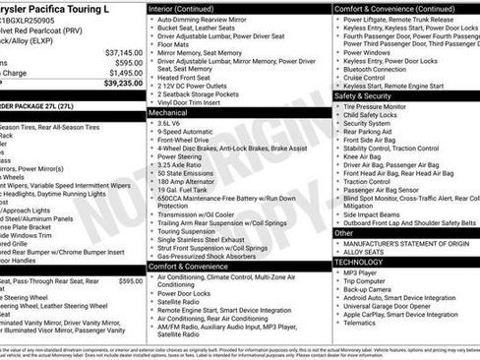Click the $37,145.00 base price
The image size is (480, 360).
pos(123,52)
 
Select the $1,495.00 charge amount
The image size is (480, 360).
pos(125,73)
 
